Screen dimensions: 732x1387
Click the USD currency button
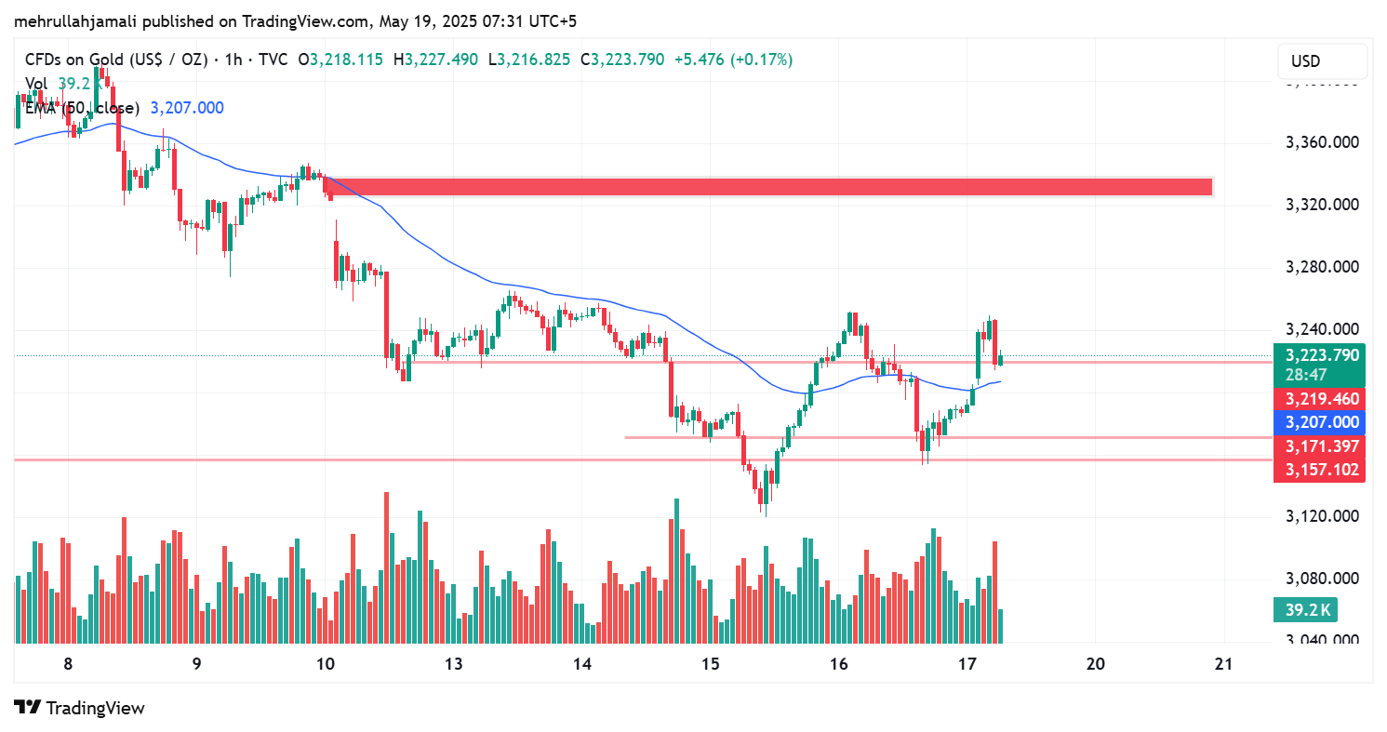[x=1322, y=61]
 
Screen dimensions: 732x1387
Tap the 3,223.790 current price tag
[x=1321, y=355]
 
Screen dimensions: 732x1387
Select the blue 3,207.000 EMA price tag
[x=1321, y=422]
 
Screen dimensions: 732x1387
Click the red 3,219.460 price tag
[x=1321, y=399]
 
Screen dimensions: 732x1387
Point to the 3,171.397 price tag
[x=1321, y=446]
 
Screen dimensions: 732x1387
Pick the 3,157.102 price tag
[x=1321, y=470]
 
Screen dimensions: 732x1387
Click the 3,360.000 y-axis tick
[x=1322, y=143]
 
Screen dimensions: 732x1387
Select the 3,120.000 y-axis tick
[x=1322, y=516]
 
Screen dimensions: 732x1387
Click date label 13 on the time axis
[x=454, y=664]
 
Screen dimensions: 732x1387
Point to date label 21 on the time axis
[x=1224, y=664]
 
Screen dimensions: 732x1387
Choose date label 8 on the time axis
[x=68, y=664]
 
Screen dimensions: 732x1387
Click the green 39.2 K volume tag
[x=1307, y=610]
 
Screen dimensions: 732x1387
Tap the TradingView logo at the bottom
[x=80, y=708]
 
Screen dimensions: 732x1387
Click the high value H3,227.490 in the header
[x=435, y=60]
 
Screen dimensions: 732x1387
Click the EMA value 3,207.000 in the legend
[x=186, y=108]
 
